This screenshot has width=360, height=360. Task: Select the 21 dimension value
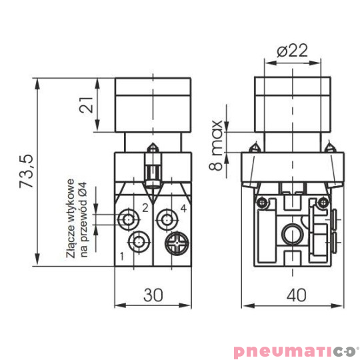[86, 105]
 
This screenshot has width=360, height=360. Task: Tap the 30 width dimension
[154, 294]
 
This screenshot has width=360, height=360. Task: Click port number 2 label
[145, 208]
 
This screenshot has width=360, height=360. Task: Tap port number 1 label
[122, 255]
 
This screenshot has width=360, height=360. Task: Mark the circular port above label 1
[139, 241]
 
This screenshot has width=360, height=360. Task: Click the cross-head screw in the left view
[178, 242]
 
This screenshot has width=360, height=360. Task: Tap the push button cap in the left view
[154, 105]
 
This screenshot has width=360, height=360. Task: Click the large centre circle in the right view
[291, 233]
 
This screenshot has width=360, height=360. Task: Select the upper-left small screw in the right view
[262, 200]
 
